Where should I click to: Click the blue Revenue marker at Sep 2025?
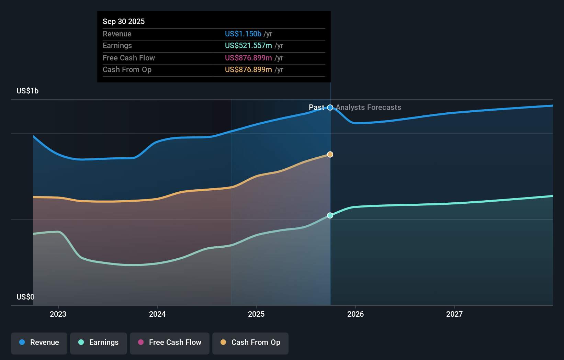(x=330, y=108)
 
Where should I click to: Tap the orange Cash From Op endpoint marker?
(x=330, y=155)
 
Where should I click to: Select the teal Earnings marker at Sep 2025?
(x=330, y=215)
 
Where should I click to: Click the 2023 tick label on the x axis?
(x=58, y=314)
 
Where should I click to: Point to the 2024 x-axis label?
(x=157, y=314)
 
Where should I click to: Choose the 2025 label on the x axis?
(x=256, y=314)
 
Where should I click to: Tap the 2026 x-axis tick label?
(x=356, y=314)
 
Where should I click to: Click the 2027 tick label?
(x=454, y=314)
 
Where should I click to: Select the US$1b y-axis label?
(x=27, y=91)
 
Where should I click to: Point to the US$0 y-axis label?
(x=25, y=297)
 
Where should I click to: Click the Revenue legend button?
(x=39, y=342)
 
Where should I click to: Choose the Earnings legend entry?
(x=99, y=342)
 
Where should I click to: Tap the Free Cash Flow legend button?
(x=170, y=342)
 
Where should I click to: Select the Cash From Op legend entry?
(x=250, y=342)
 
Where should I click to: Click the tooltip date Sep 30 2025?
(x=124, y=21)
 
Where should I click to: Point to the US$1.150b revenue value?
(x=243, y=34)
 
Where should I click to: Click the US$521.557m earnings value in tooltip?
(x=248, y=45)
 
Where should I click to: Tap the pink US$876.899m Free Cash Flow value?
(x=248, y=58)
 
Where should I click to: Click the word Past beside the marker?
(x=316, y=108)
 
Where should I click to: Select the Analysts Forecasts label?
(x=368, y=108)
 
